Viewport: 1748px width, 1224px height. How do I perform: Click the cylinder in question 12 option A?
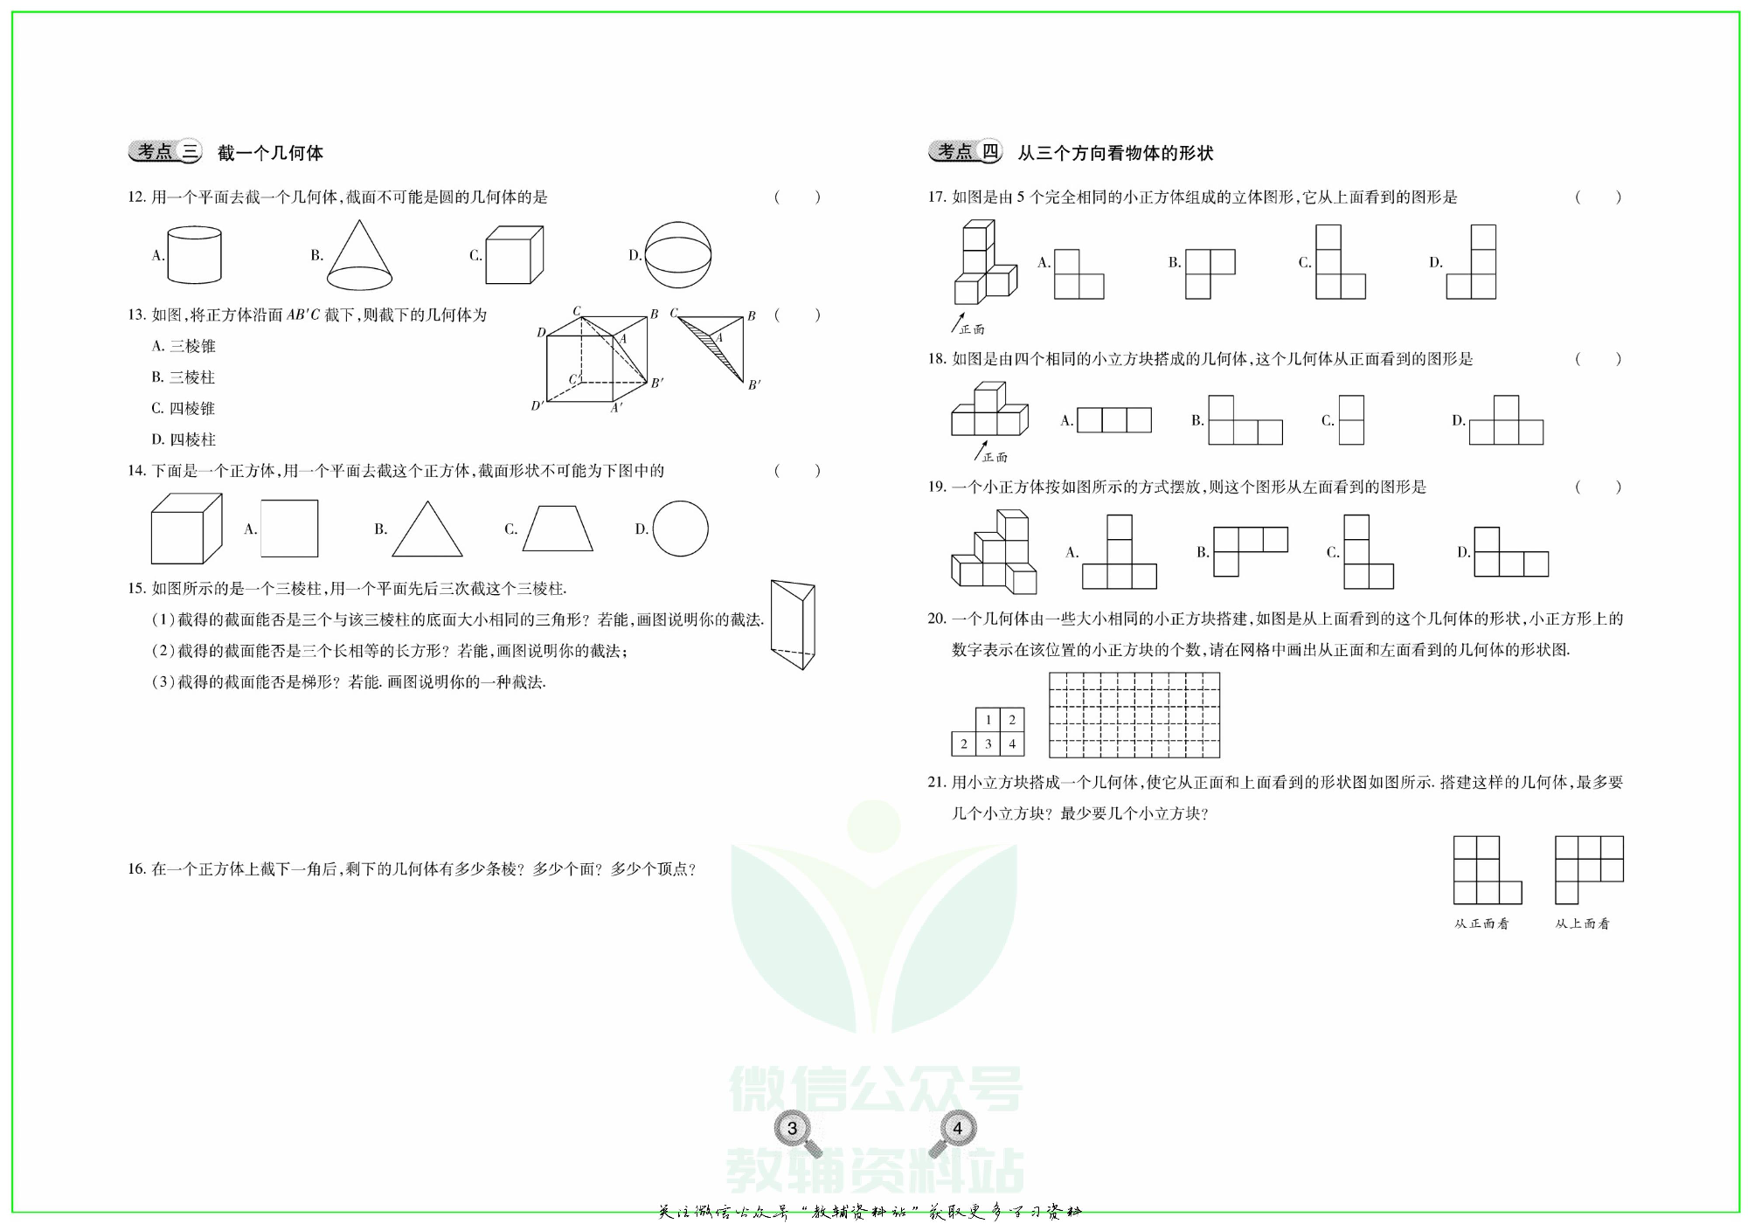point(194,255)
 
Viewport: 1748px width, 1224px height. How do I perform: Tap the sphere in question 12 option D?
point(677,255)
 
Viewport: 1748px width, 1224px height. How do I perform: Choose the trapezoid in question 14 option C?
point(558,529)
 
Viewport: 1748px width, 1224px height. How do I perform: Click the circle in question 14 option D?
point(680,529)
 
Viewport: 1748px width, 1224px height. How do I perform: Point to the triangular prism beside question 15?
point(793,624)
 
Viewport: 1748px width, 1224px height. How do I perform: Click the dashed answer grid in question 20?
point(1134,715)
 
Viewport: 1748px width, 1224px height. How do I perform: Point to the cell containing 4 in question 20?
point(1012,744)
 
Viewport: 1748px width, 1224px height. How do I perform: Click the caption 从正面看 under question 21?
point(1481,923)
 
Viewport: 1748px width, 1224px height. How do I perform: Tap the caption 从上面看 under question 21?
point(1582,923)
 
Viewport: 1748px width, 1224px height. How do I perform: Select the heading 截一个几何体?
point(270,153)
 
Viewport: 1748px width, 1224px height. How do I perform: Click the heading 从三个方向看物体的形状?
point(1115,153)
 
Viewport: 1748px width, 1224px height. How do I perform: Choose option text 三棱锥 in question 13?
point(192,346)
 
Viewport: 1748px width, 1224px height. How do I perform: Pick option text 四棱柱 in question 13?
point(192,439)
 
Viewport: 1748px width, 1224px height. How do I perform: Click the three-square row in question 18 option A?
point(1114,420)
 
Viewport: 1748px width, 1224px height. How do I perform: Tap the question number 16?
point(136,869)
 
